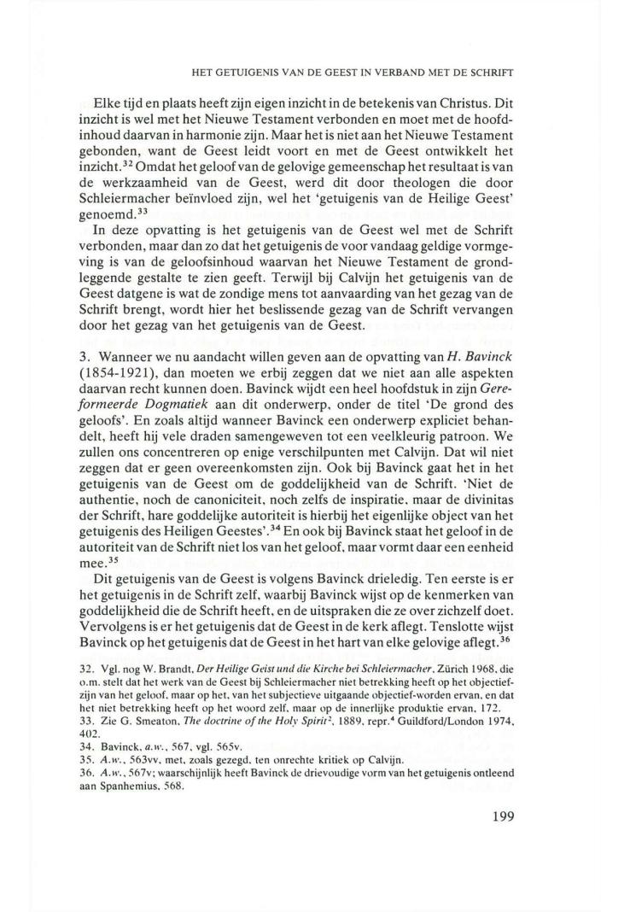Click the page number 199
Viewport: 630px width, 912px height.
[507, 815]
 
